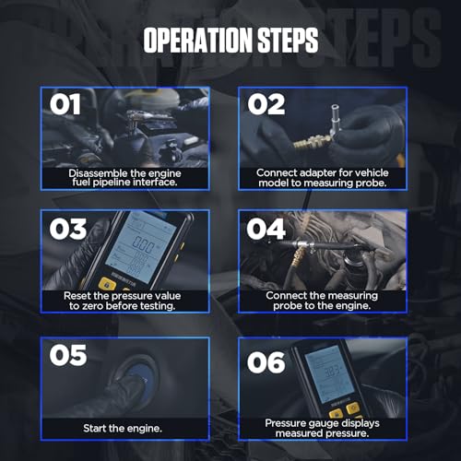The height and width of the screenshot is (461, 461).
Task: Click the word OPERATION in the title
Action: pos(197,40)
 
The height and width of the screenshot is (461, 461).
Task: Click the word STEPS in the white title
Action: pos(288,40)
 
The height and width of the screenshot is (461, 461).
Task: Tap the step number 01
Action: pos(65,104)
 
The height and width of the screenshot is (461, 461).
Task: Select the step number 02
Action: pos(266,104)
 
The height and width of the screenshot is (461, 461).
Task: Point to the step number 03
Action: pos(68,229)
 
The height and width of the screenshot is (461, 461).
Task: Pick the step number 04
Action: pos(266,229)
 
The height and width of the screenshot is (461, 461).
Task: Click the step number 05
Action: pos(68,355)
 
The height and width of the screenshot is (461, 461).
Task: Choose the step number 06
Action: pos(266,362)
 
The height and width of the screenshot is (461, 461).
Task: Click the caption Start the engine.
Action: pos(123,428)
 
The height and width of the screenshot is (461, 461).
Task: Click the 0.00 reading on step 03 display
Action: pos(143,245)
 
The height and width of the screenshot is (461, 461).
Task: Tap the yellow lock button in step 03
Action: pos(107,284)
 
